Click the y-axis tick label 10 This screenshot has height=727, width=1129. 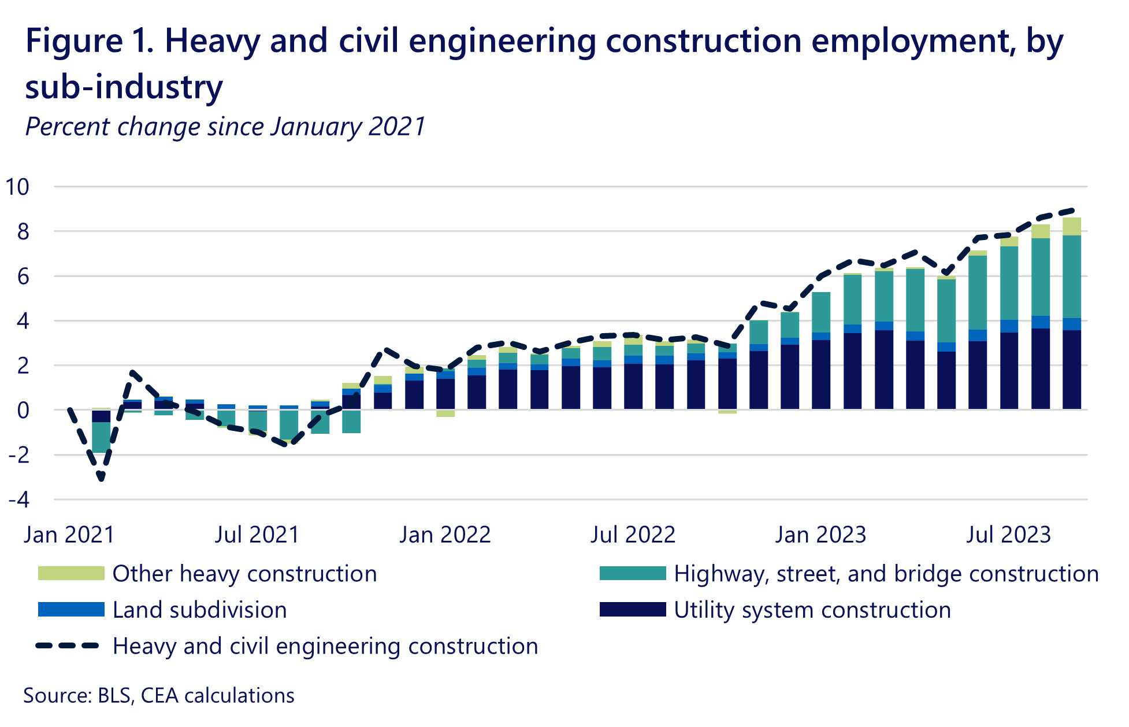pos(17,187)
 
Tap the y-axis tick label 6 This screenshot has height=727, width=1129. pos(23,276)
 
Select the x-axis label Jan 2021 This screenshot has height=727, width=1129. pos(69,534)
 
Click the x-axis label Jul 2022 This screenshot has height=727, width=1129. pos(633,534)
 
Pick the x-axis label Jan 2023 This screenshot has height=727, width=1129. pos(820,534)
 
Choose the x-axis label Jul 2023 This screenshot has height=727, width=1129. pos(1008,534)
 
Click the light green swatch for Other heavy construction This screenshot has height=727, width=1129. pos(71,573)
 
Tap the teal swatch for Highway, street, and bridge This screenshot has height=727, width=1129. pos(633,573)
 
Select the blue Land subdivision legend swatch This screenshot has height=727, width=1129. pos(71,610)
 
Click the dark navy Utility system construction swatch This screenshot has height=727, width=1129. pos(633,610)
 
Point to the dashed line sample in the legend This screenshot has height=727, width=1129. pos(68,645)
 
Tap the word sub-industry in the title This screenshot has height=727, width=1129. pos(124,87)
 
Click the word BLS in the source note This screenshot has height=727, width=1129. pos(114,695)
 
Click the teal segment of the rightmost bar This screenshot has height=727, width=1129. pos(1072,276)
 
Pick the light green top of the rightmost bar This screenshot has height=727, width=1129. pos(1072,226)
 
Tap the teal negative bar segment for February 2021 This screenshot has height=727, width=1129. pos(101,438)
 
